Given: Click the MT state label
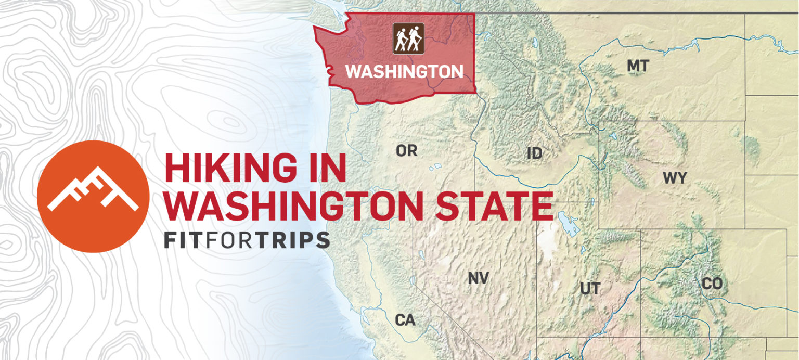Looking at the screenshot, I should coord(637,66).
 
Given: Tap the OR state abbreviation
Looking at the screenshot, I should coord(406,151).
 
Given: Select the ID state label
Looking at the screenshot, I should coord(534,153).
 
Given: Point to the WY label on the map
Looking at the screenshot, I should coord(674,178).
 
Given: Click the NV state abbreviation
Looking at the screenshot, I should coord(478,278).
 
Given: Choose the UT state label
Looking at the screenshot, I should coord(590,289).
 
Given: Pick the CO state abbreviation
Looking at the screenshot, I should coord(712,284).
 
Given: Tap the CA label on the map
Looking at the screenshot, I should coord(405,320).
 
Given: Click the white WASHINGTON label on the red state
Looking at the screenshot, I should coord(404,72).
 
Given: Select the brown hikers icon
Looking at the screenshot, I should coord(408,38).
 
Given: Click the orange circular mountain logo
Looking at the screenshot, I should coord(93,196).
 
